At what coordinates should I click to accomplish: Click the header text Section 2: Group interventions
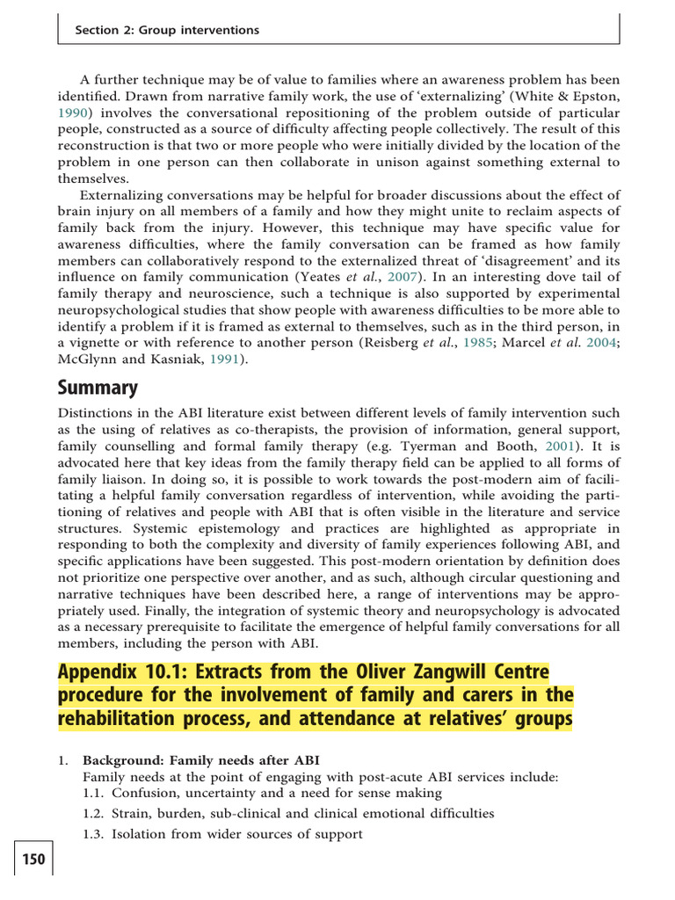tap(167, 30)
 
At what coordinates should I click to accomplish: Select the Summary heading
tap(98, 387)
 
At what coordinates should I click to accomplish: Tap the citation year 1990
tap(74, 113)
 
